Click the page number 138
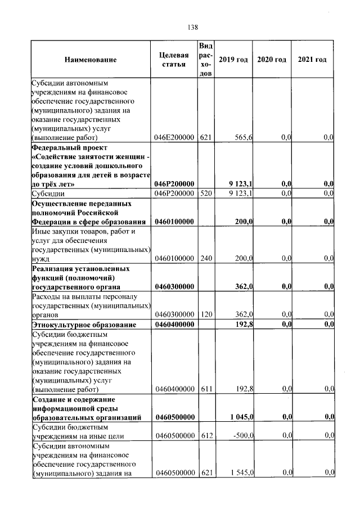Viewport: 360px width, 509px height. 192,27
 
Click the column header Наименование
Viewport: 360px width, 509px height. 91,60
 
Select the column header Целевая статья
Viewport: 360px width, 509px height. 174,60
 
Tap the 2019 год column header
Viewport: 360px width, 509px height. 233,60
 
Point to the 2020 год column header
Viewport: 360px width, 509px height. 272,60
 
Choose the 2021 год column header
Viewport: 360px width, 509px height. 312,60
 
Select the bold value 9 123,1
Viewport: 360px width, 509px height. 240,184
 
